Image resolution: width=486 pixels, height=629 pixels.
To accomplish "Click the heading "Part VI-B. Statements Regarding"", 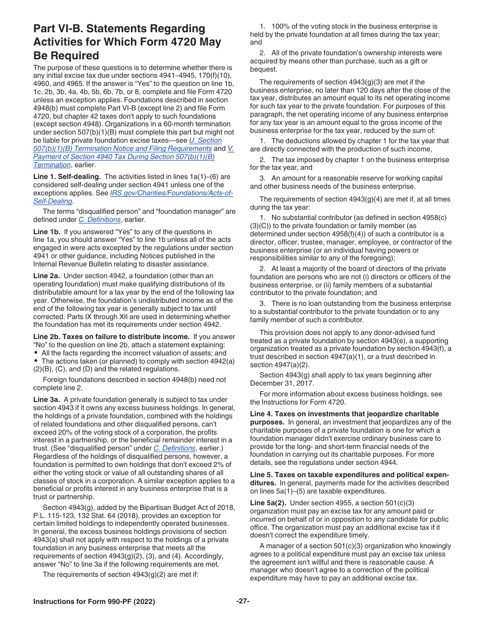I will pos(119,29).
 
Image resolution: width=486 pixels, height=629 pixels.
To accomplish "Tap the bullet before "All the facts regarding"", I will pos(36,353).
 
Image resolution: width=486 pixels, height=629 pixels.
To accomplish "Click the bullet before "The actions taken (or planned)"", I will pos(36,361).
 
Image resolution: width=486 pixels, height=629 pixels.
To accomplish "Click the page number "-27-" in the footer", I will pos(242,601).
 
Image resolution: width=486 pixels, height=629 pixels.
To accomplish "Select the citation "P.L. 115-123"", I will pos(54,515).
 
